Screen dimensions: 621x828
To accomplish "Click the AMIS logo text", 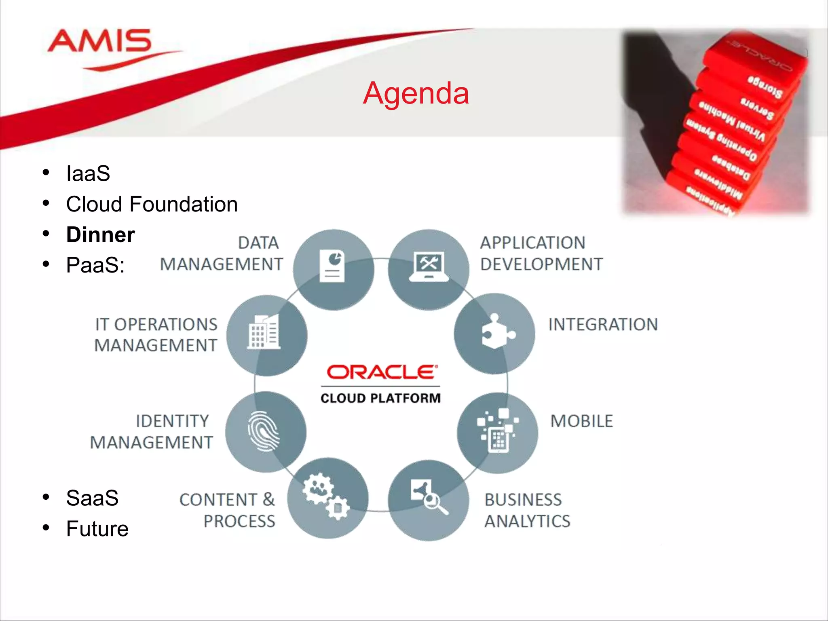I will [99, 41].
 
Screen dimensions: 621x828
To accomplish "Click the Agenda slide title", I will [416, 93].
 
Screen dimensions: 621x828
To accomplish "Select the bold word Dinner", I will [100, 235].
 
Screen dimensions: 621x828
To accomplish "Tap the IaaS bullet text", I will [88, 173].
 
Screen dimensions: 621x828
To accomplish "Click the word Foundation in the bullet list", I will [184, 204].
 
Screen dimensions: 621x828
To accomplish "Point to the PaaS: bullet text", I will [95, 265].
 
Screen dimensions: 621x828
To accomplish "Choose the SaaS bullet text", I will [92, 498].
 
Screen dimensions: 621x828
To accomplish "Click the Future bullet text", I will [97, 529].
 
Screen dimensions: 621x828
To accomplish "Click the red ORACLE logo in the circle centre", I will [382, 372].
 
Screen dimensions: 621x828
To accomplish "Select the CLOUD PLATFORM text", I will [380, 398].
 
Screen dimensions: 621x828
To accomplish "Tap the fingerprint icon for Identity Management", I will [264, 431].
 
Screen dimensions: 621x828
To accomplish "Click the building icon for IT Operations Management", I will [264, 332].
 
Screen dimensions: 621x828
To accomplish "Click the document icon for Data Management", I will [332, 266].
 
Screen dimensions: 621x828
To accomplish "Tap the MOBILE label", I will [581, 421].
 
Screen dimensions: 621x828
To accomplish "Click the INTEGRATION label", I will [603, 325].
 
